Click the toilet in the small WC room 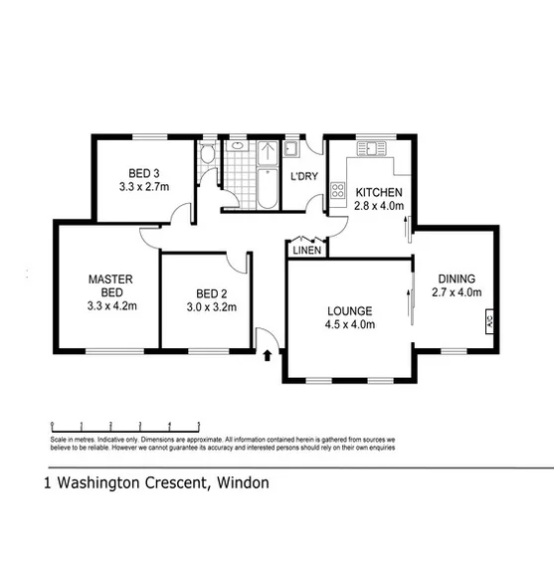[x=206, y=154]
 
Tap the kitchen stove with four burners [x=337, y=190]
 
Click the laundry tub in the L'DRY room [x=291, y=150]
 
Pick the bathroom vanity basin [x=238, y=146]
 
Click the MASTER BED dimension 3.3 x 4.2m [x=109, y=306]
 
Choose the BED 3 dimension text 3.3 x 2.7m [x=144, y=186]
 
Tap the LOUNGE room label [x=348, y=308]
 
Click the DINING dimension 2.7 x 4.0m [x=457, y=292]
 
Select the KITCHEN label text [x=378, y=192]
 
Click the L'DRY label [x=302, y=177]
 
